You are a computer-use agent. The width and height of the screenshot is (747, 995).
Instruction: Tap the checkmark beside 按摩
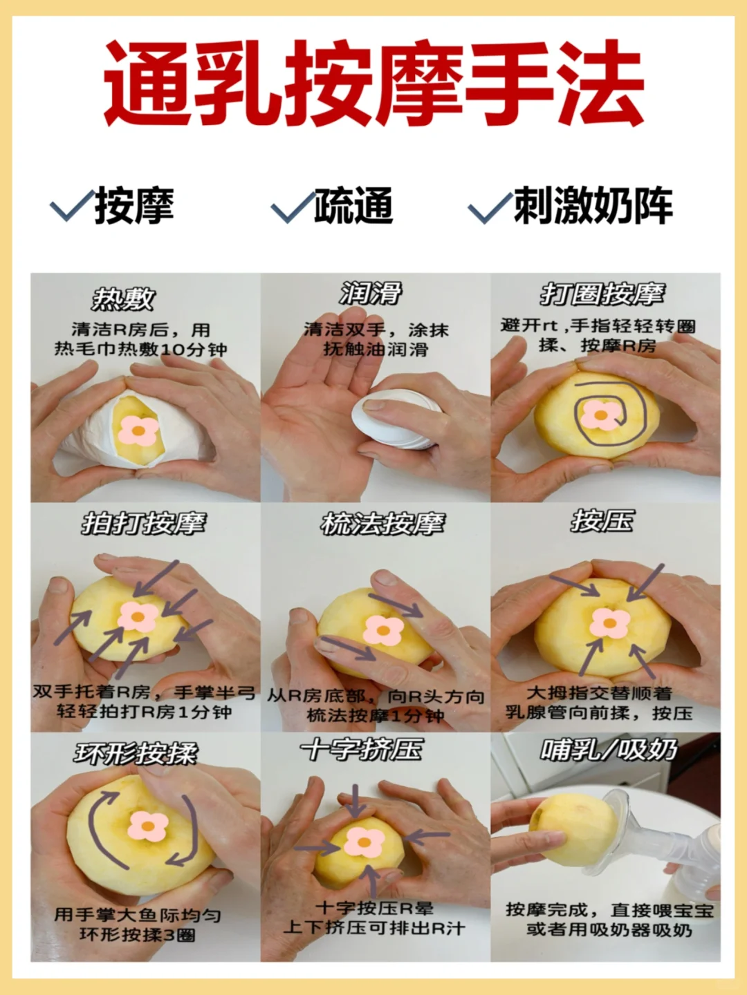pyautogui.click(x=72, y=205)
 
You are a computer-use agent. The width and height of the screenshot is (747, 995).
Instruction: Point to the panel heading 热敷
pyautogui.click(x=122, y=298)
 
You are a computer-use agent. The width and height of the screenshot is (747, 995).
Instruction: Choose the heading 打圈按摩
pyautogui.click(x=602, y=294)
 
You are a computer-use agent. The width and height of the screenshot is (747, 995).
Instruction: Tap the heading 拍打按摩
pyautogui.click(x=143, y=524)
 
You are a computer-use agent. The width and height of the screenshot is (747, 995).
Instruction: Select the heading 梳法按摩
pyautogui.click(x=382, y=524)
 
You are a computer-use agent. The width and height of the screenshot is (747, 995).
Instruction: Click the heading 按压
pyautogui.click(x=602, y=521)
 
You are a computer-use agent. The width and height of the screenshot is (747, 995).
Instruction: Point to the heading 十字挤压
pyautogui.click(x=362, y=749)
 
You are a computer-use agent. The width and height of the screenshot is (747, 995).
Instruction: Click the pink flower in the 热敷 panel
pyautogui.click(x=138, y=430)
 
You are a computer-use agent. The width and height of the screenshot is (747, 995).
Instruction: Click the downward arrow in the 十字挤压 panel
pyautogui.click(x=356, y=801)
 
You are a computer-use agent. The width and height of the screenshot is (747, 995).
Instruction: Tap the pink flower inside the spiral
pyautogui.click(x=601, y=415)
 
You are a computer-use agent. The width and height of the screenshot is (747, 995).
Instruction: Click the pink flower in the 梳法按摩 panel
pyautogui.click(x=383, y=629)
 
